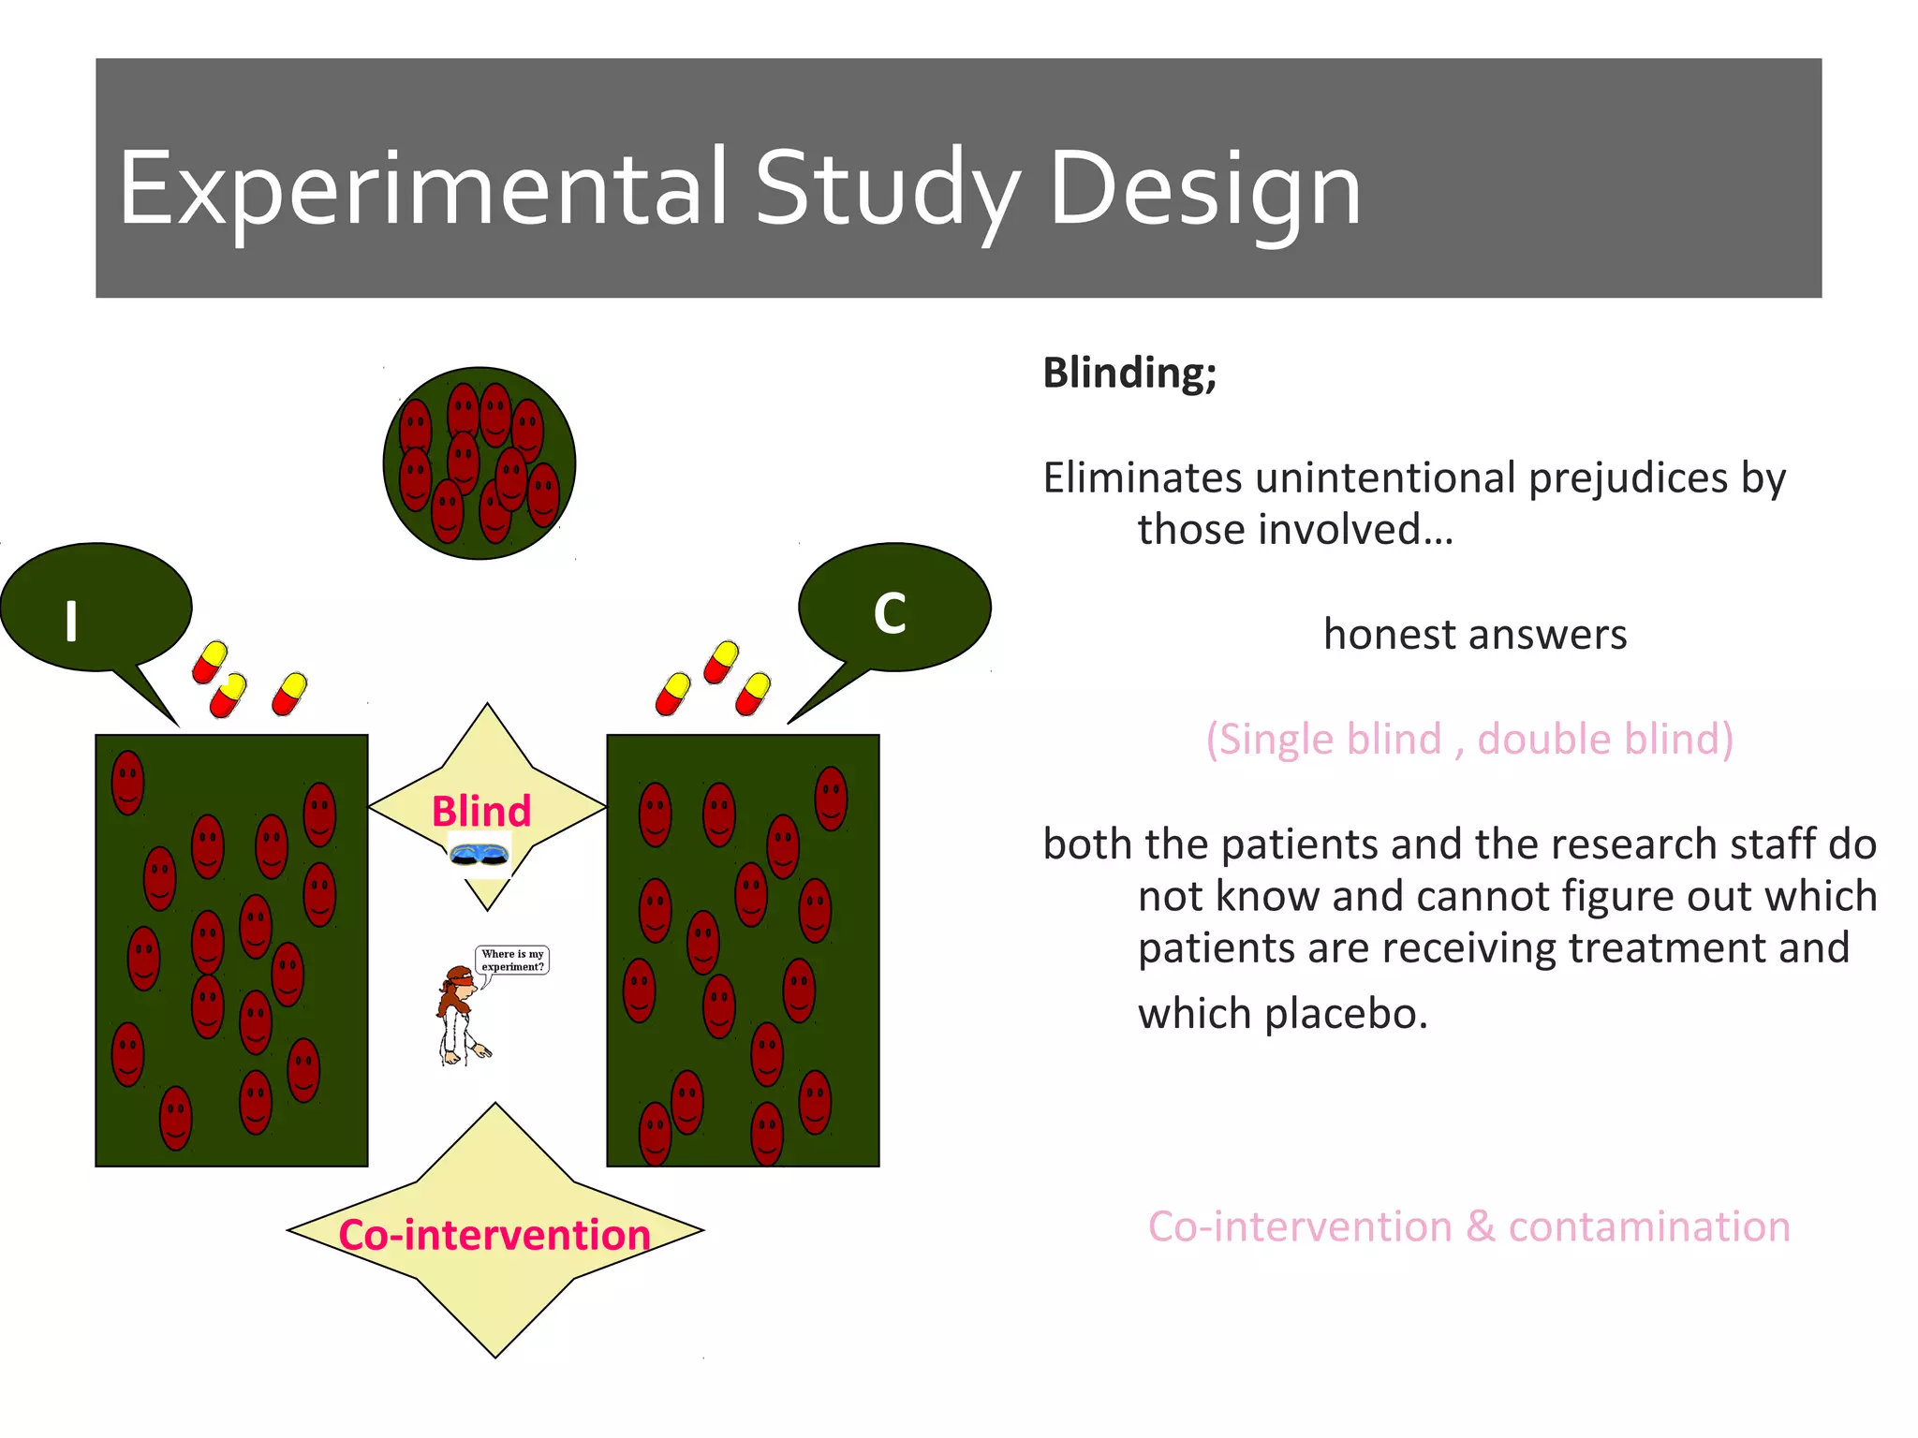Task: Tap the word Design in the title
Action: pos(1204,190)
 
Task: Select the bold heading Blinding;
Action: pos(1129,373)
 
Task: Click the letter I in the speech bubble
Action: pos(71,621)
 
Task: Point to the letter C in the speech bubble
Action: pos(890,614)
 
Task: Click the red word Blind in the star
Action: pos(480,811)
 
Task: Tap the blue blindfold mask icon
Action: pos(479,854)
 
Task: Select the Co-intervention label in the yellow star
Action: pos(494,1235)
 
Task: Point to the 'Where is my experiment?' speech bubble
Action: pos(512,961)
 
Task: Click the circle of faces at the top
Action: pos(479,463)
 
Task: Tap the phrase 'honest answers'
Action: pos(1474,635)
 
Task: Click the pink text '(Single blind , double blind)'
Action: pos(1468,739)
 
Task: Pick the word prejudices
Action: pos(1629,477)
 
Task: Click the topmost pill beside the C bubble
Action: pos(721,662)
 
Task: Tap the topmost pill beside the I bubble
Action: pos(210,662)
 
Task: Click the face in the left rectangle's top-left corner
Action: pos(127,782)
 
